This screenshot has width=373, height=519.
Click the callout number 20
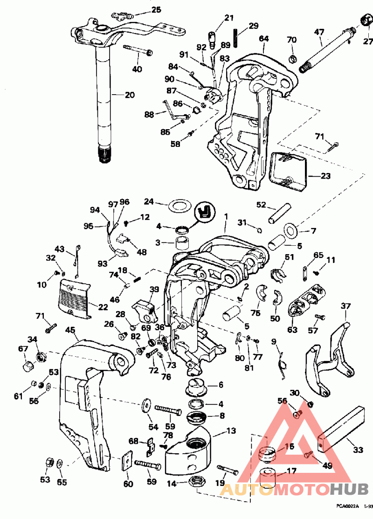coord(130,95)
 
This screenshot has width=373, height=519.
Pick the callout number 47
coord(319,32)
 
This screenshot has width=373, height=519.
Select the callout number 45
coord(70,330)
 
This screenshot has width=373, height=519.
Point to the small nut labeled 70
coord(292,58)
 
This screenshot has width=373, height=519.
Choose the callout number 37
coord(345,306)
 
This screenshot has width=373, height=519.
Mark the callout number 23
coord(325,176)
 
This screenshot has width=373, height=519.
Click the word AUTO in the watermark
coord(247,490)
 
